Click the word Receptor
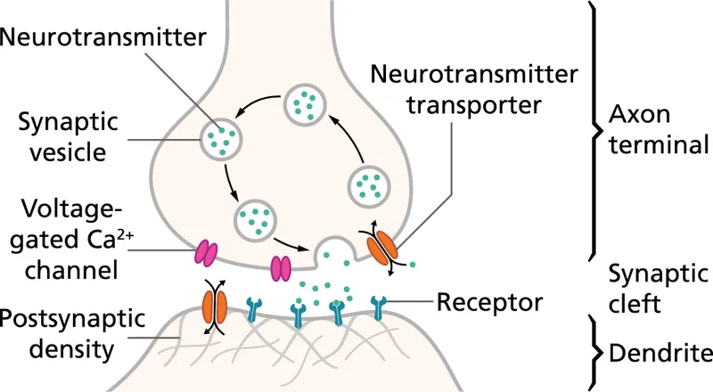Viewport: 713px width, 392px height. [x=490, y=303]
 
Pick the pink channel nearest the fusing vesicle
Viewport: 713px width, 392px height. [x=281, y=266]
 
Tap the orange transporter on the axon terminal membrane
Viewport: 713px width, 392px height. [x=382, y=247]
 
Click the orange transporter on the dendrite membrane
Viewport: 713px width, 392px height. [x=215, y=303]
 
